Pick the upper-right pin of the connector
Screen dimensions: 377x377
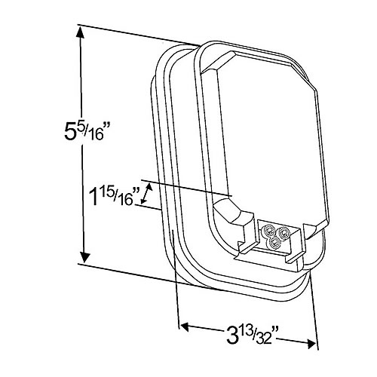(285, 234)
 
